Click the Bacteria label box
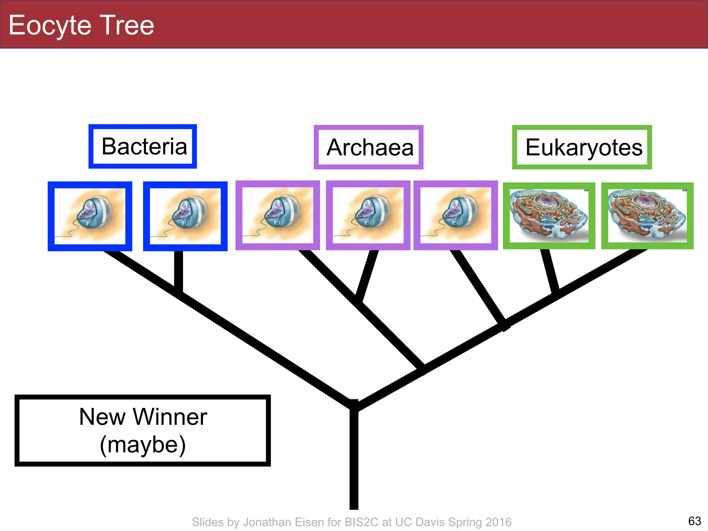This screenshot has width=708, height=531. (x=143, y=146)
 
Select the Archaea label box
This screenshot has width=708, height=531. (x=369, y=147)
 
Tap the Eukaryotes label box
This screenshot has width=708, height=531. (x=582, y=147)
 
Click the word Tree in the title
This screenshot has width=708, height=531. (x=128, y=25)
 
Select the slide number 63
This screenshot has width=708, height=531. (x=694, y=521)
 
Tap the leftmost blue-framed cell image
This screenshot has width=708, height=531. (x=90, y=216)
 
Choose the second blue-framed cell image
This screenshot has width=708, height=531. (x=185, y=216)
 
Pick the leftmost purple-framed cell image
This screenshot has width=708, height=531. (x=278, y=215)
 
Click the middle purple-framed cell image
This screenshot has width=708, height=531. (x=368, y=215)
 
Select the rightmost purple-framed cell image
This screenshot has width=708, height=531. (x=456, y=215)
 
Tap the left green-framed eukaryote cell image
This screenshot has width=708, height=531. (x=549, y=216)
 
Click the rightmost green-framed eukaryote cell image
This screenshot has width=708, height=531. (x=648, y=216)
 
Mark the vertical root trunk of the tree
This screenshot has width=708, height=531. (x=354, y=460)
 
